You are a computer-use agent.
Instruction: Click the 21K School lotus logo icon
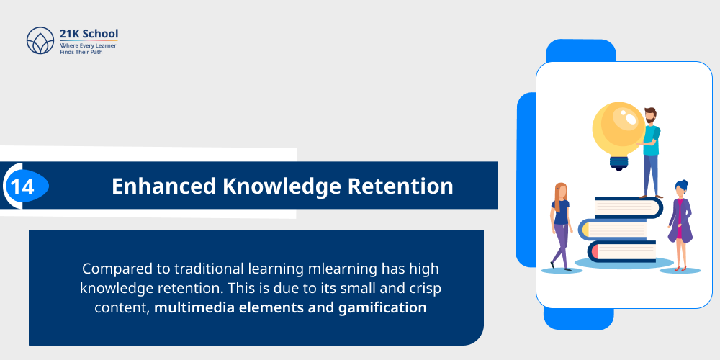click(x=40, y=41)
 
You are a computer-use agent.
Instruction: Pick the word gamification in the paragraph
click(x=380, y=308)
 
